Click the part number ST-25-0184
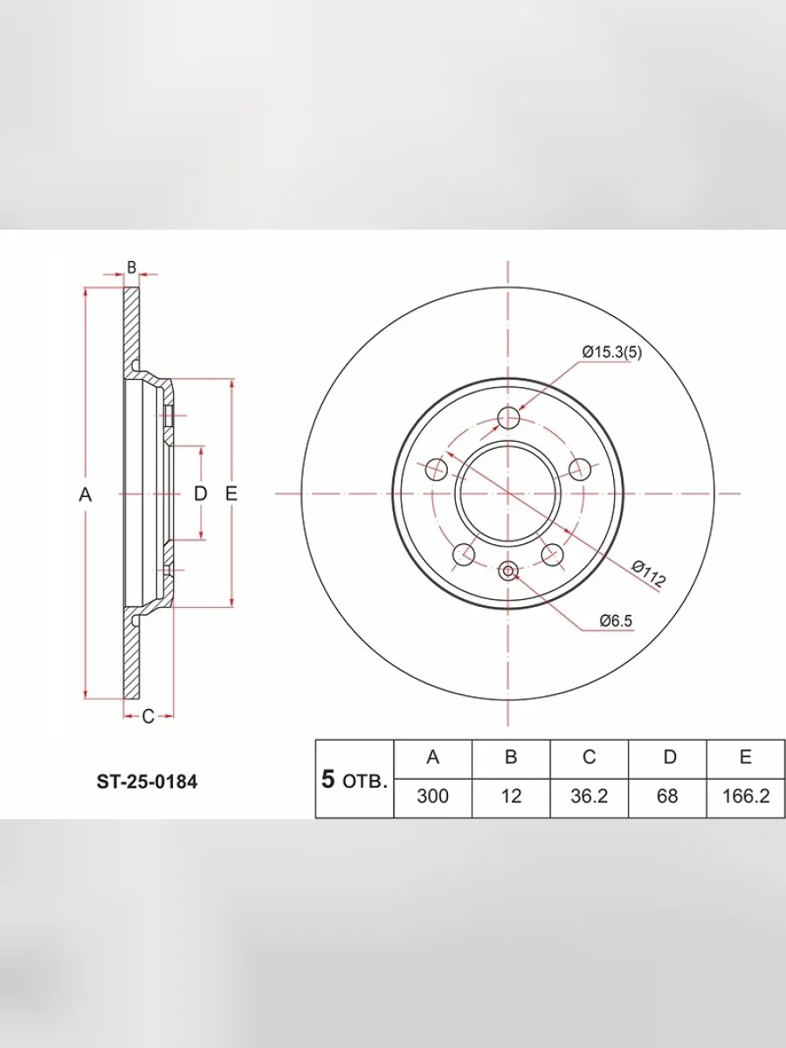pos(147,782)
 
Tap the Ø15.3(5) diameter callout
pos(612,352)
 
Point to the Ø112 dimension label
pos(648,574)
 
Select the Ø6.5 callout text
pos(616,621)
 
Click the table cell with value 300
pos(433,796)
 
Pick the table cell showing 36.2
pos(589,796)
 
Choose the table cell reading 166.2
pos(746,796)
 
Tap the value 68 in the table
pos(667,796)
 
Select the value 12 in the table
pos(511,796)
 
